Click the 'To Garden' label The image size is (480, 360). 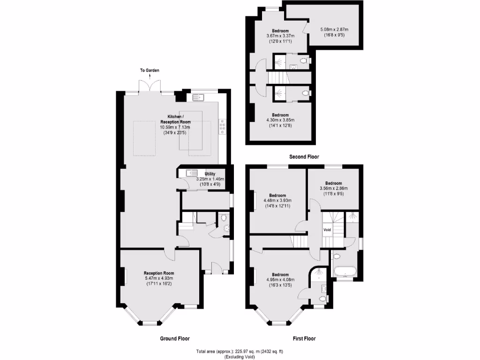point(150,71)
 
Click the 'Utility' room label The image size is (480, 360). point(210,174)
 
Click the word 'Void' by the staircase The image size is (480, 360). point(327,230)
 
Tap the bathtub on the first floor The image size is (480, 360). point(345,271)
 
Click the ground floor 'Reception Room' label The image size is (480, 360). point(159,273)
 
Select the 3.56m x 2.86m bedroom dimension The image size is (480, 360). point(334,188)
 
